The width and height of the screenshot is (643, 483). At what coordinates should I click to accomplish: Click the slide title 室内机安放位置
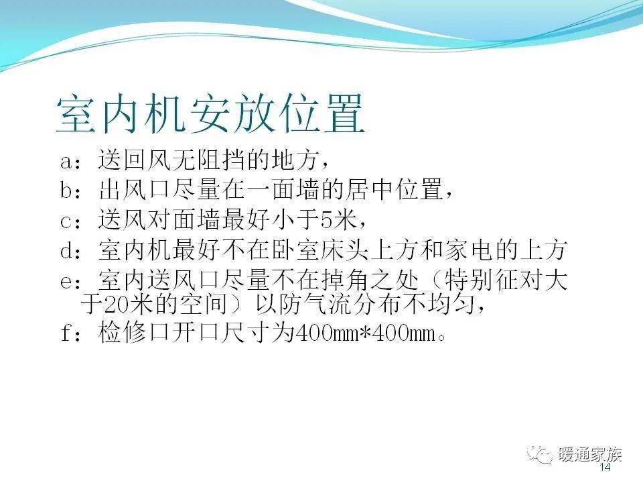point(210,113)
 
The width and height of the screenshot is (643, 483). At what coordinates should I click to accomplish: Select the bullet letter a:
point(71,162)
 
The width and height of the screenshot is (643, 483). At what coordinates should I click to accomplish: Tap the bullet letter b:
point(71,190)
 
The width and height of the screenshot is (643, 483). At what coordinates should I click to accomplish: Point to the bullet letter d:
point(71,250)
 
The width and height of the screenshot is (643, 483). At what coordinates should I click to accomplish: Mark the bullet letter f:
point(71,332)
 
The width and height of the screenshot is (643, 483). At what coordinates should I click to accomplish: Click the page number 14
point(605,467)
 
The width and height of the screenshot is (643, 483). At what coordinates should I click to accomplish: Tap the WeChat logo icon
point(540,455)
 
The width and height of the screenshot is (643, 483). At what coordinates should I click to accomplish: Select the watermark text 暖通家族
point(590,455)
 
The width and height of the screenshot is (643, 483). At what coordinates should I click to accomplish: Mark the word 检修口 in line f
point(135,332)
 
